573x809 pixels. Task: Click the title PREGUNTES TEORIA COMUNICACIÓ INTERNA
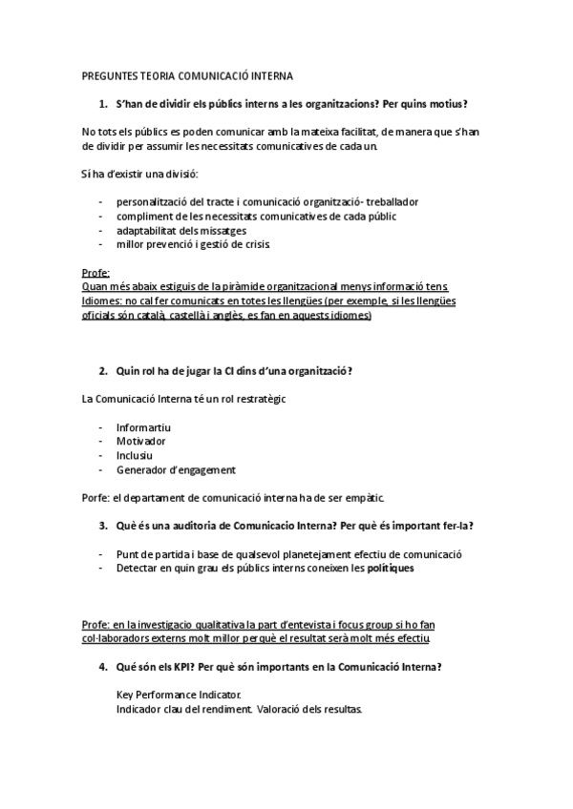pos(188,75)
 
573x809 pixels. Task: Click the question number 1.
pos(103,103)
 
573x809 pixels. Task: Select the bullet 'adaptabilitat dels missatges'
pos(181,230)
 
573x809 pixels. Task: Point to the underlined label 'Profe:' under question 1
pos(96,273)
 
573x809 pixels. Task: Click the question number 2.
pos(103,370)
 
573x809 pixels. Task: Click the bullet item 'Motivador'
pos(141,442)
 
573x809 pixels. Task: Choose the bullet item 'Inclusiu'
pos(135,455)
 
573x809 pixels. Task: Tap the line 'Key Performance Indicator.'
pos(180,695)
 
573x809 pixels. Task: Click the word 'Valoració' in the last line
pos(279,709)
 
